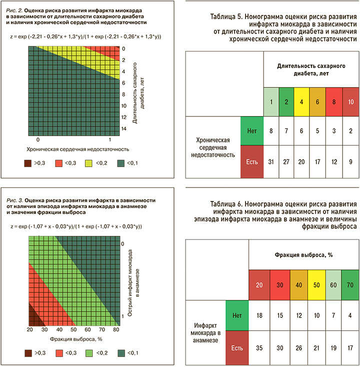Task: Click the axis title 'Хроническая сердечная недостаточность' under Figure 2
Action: pyautogui.click(x=74, y=149)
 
